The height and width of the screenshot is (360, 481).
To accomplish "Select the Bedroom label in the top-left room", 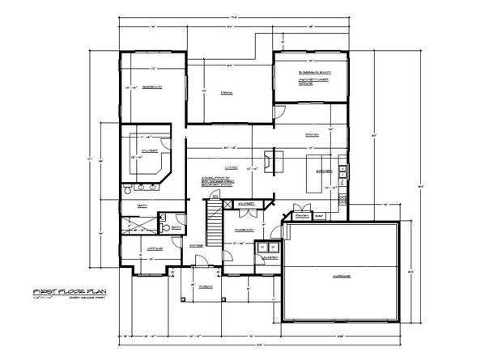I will pos(148,87).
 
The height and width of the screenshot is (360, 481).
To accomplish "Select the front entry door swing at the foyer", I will pos(199,260).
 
